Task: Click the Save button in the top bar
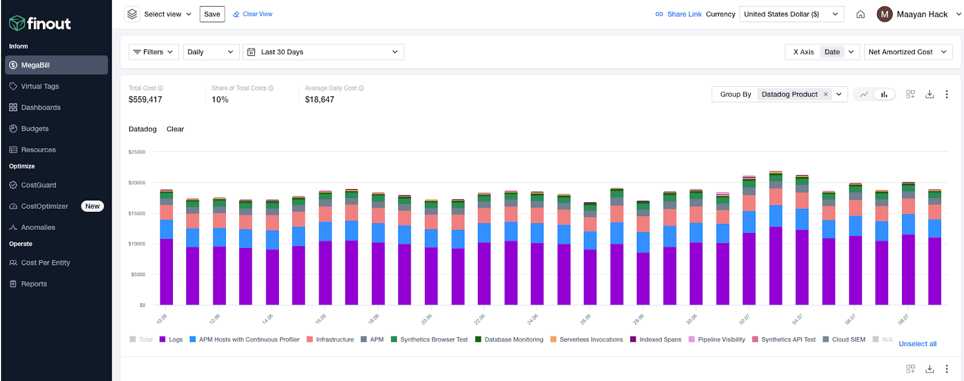[212, 14]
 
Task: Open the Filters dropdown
[154, 52]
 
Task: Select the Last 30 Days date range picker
[323, 52]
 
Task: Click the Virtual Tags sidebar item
[40, 86]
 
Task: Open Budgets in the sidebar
[34, 128]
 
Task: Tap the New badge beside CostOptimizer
[92, 206]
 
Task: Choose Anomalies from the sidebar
[38, 227]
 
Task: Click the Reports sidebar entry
[34, 283]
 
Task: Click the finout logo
[40, 23]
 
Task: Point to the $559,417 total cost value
[145, 99]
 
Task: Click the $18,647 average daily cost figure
[319, 99]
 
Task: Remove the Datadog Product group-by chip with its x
[825, 94]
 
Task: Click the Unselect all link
[917, 344]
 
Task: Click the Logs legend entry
[175, 339]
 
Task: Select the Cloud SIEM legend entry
[848, 339]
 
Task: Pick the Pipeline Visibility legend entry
[721, 339]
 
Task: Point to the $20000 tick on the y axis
[137, 182]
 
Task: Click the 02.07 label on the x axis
[745, 319]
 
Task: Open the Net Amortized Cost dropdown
[907, 52]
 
